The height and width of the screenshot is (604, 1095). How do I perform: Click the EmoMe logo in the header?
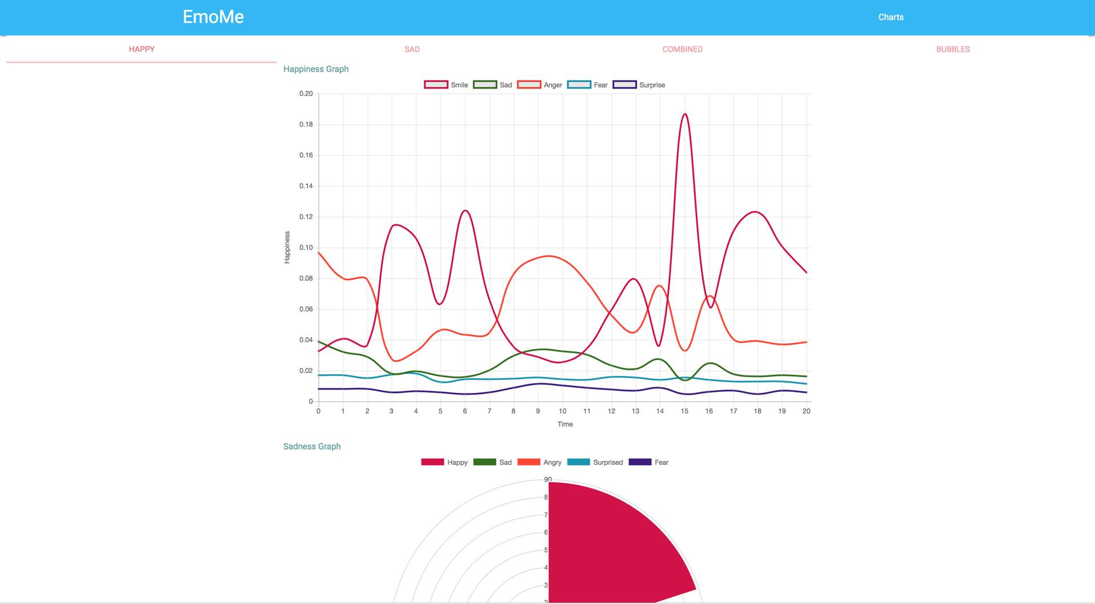[213, 17]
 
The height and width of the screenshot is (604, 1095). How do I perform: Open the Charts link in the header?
[891, 17]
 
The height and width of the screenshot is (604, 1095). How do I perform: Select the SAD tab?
[412, 49]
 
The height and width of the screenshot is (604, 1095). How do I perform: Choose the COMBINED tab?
[682, 49]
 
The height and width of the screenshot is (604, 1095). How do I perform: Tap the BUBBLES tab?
[952, 49]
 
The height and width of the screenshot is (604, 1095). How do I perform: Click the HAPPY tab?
[141, 49]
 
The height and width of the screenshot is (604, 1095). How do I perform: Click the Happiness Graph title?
[316, 69]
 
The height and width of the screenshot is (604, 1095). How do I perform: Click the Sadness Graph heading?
[312, 447]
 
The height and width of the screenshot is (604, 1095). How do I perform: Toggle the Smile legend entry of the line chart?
[446, 85]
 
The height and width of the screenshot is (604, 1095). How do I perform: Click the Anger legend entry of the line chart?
[540, 85]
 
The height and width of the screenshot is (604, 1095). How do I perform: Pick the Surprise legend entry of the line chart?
[639, 85]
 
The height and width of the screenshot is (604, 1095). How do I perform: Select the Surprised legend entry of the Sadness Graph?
[595, 463]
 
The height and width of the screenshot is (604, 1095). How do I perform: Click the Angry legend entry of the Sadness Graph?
[539, 463]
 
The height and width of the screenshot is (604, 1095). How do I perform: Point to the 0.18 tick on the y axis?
[306, 124]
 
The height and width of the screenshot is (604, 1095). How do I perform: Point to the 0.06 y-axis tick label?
[306, 309]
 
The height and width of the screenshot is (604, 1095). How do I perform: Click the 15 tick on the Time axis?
[684, 411]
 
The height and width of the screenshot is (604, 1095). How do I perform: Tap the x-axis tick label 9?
[538, 411]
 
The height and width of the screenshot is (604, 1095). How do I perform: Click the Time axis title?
[565, 424]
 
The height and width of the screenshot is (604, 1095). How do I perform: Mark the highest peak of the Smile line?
[685, 114]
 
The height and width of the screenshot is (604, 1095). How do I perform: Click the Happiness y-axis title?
[287, 247]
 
